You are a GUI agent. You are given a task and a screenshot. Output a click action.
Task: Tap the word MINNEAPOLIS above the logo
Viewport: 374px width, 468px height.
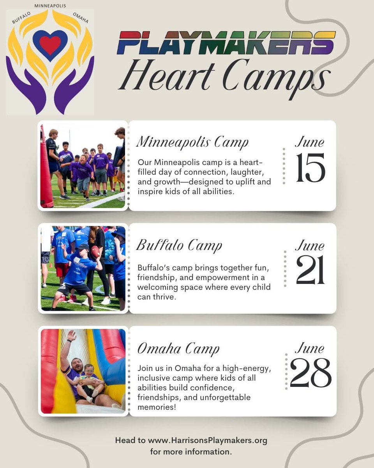click(50, 6)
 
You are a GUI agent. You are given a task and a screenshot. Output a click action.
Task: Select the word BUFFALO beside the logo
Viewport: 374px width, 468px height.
click(21, 18)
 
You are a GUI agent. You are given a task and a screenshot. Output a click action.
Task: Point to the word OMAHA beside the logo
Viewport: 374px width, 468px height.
click(80, 18)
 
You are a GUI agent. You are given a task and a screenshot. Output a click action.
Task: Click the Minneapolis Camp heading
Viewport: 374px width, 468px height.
click(192, 143)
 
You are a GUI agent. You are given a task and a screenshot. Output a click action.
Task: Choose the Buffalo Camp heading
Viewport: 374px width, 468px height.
click(179, 246)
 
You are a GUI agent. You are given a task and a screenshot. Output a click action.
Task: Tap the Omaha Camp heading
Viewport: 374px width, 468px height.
click(178, 349)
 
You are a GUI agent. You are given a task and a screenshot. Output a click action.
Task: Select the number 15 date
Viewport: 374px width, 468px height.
click(310, 168)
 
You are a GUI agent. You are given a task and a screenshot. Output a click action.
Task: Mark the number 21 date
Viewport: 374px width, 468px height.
click(310, 270)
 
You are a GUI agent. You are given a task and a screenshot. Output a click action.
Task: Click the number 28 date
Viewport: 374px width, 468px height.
click(310, 373)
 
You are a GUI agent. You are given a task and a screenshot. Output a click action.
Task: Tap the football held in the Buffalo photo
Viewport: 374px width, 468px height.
click(95, 252)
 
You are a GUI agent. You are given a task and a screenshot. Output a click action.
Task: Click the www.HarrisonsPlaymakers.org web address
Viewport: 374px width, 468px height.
click(208, 441)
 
